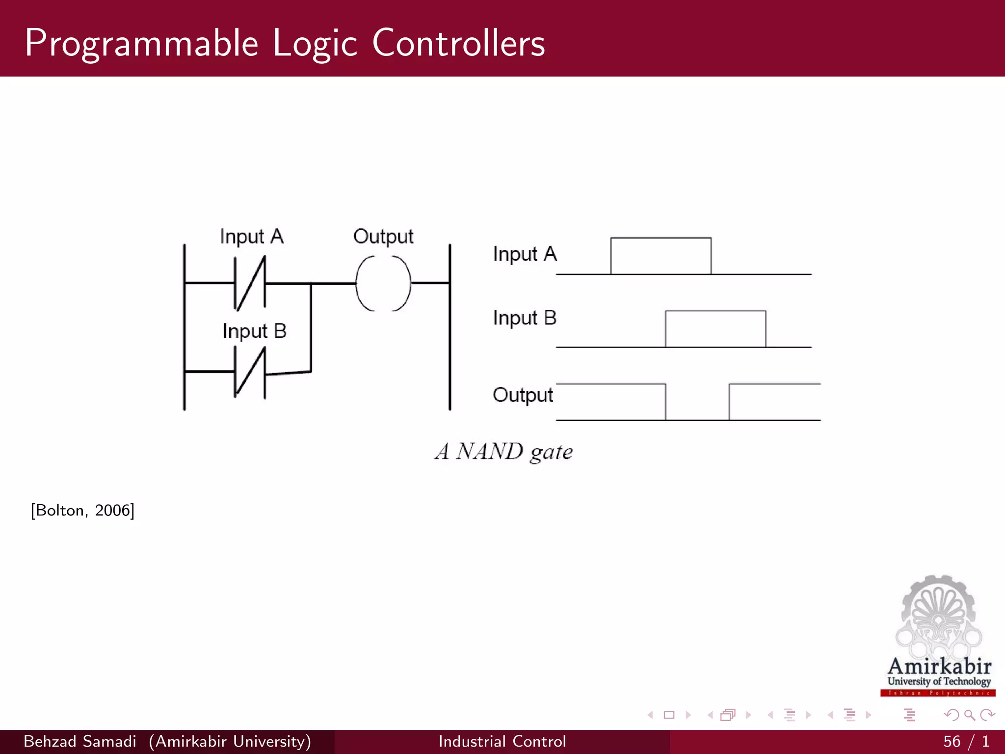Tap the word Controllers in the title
[x=458, y=43]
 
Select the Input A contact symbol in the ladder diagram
[x=250, y=283]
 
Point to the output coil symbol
[x=383, y=283]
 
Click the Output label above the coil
[x=383, y=237]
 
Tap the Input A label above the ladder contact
[x=251, y=237]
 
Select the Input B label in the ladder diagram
[x=254, y=331]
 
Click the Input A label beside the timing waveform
[x=525, y=254]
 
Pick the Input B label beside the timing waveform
[x=525, y=318]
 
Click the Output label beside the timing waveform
[x=523, y=395]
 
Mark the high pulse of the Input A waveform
[x=661, y=255]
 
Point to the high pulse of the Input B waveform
[x=715, y=328]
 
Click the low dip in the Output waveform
[x=697, y=407]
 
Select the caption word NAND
[x=489, y=452]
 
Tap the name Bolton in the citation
[x=59, y=511]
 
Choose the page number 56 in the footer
[x=952, y=741]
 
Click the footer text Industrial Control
[x=502, y=741]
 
